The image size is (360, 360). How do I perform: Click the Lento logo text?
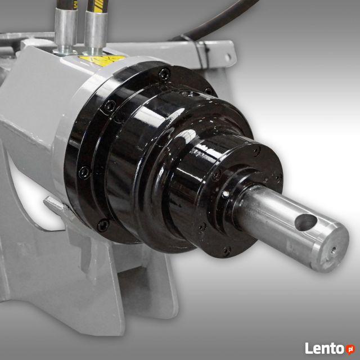pos(325,348)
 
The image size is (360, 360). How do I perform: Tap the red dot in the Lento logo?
pos(350,349)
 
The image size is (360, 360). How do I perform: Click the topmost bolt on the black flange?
pos(164,73)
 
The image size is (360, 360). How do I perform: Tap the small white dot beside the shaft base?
pos(226,195)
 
